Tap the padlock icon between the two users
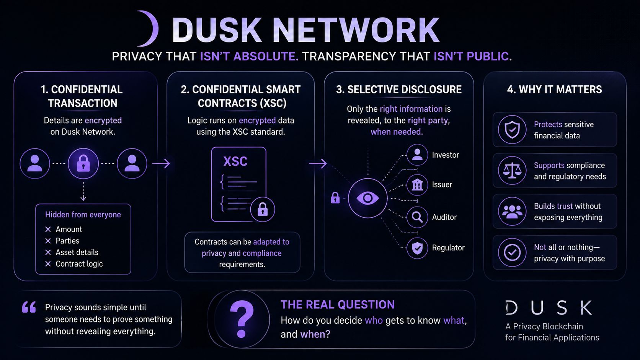pyautogui.click(x=83, y=164)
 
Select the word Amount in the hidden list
pyautogui.click(x=69, y=229)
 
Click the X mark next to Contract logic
pyautogui.click(x=48, y=264)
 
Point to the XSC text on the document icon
pyautogui.click(x=235, y=161)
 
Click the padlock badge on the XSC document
pyautogui.click(x=262, y=209)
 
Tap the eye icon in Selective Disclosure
pyautogui.click(x=368, y=198)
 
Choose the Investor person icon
pyautogui.click(x=417, y=155)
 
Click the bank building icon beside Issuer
pyautogui.click(x=417, y=185)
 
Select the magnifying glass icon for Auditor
pyautogui.click(x=417, y=217)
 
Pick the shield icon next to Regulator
pyautogui.click(x=417, y=248)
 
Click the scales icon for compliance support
pyautogui.click(x=512, y=171)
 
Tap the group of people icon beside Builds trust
pyautogui.click(x=512, y=212)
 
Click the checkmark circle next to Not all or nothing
pyautogui.click(x=512, y=252)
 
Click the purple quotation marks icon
pyautogui.click(x=29, y=307)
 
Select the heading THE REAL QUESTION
pyautogui.click(x=338, y=305)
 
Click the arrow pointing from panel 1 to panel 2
pyautogui.click(x=161, y=164)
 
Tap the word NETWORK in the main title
pyautogui.click(x=356, y=30)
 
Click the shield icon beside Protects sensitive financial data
pyautogui.click(x=512, y=130)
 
